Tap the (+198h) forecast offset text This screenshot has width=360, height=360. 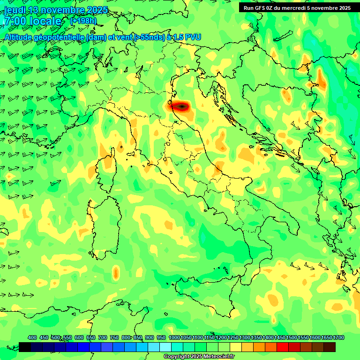click(x=83, y=21)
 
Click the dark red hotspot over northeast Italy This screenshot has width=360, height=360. click(x=180, y=107)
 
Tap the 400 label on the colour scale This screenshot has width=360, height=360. click(x=32, y=337)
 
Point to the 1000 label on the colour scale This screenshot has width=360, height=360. click(x=174, y=337)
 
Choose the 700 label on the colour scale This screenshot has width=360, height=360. click(x=103, y=337)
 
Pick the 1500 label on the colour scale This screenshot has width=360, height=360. click(x=292, y=337)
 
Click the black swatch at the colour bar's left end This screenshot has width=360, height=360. click(x=25, y=347)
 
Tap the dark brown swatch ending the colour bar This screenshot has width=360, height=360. click(x=330, y=347)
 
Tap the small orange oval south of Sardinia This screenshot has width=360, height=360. click(x=116, y=272)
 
